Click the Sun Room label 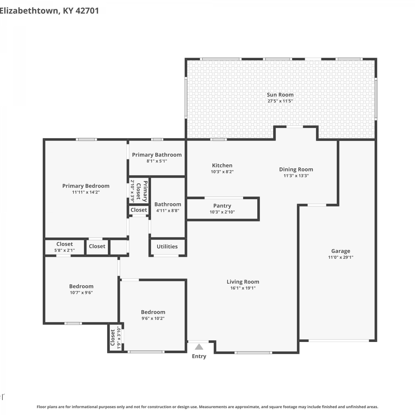pyautogui.click(x=280, y=95)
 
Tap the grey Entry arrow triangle pyautogui.click(x=199, y=347)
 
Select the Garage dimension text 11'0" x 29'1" pyautogui.click(x=341, y=257)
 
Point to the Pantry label pyautogui.click(x=222, y=206)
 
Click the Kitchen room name pyautogui.click(x=222, y=165)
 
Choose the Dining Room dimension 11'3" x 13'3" pyautogui.click(x=296, y=176)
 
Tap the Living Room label pyautogui.click(x=243, y=282)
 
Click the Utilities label pyautogui.click(x=167, y=247)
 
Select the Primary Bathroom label pyautogui.click(x=157, y=155)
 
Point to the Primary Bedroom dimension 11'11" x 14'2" pyautogui.click(x=86, y=192)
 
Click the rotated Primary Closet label pyautogui.click(x=142, y=191)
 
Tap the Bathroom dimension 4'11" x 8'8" pyautogui.click(x=168, y=211)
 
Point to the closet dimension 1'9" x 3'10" pyautogui.click(x=119, y=338)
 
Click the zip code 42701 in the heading pyautogui.click(x=87, y=11)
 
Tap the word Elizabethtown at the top pyautogui.click(x=29, y=11)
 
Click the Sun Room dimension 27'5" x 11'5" pyautogui.click(x=280, y=101)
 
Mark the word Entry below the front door pyautogui.click(x=199, y=356)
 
